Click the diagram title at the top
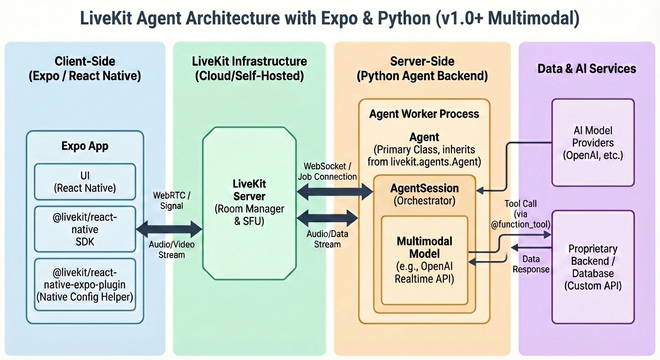pos(330,19)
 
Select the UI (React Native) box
pos(85,182)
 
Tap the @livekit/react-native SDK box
pos(85,230)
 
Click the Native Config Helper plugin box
pos(85,285)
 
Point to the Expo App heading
pos(85,146)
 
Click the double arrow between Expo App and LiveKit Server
pos(169,230)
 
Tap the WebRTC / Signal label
pos(169,200)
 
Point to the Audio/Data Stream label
pos(327,239)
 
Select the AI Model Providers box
pos(593,142)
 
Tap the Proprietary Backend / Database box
pos(593,267)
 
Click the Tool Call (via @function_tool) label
pos(520,214)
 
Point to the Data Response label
pos(531,264)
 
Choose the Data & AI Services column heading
pos(586,69)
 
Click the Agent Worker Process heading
pos(424,114)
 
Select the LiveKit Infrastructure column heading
pos(249,68)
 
